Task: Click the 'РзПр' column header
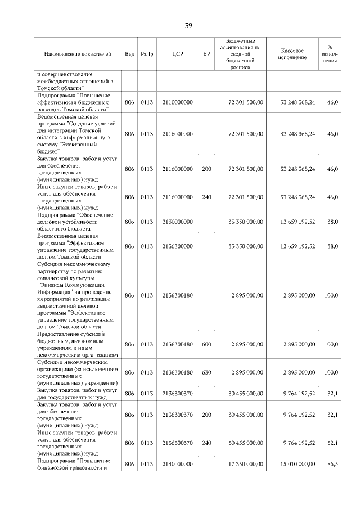tap(147, 54)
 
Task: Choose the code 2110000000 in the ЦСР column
tap(177, 102)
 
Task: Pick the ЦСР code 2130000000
tap(177, 222)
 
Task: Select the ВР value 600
tap(206, 344)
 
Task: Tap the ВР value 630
tap(206, 372)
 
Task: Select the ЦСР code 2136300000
tap(177, 246)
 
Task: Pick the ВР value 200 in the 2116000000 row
tap(206, 169)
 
